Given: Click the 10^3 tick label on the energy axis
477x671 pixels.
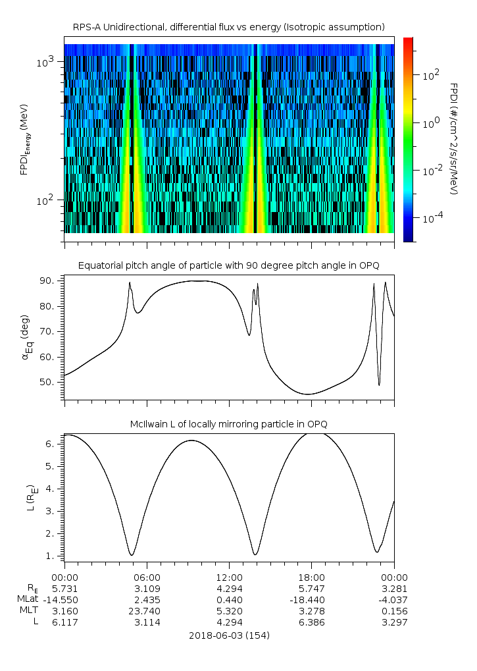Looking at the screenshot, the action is (45, 63).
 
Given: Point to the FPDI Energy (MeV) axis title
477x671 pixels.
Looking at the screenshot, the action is (24, 139).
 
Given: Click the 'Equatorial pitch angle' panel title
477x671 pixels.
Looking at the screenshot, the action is (229, 266).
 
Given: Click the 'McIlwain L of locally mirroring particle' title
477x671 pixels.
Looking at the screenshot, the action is (229, 424).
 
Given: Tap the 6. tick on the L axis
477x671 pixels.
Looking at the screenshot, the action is (51, 444).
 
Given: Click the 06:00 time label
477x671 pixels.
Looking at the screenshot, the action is (147, 577).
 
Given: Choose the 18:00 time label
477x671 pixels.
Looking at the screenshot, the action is (312, 577).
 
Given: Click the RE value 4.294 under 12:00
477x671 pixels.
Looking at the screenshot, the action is (230, 589).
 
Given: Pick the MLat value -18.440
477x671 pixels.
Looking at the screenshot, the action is (307, 600).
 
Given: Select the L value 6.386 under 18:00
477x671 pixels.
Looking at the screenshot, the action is (312, 622).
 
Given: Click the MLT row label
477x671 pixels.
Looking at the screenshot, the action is (29, 610).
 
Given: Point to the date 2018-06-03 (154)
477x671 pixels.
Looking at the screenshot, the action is (229, 635).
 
